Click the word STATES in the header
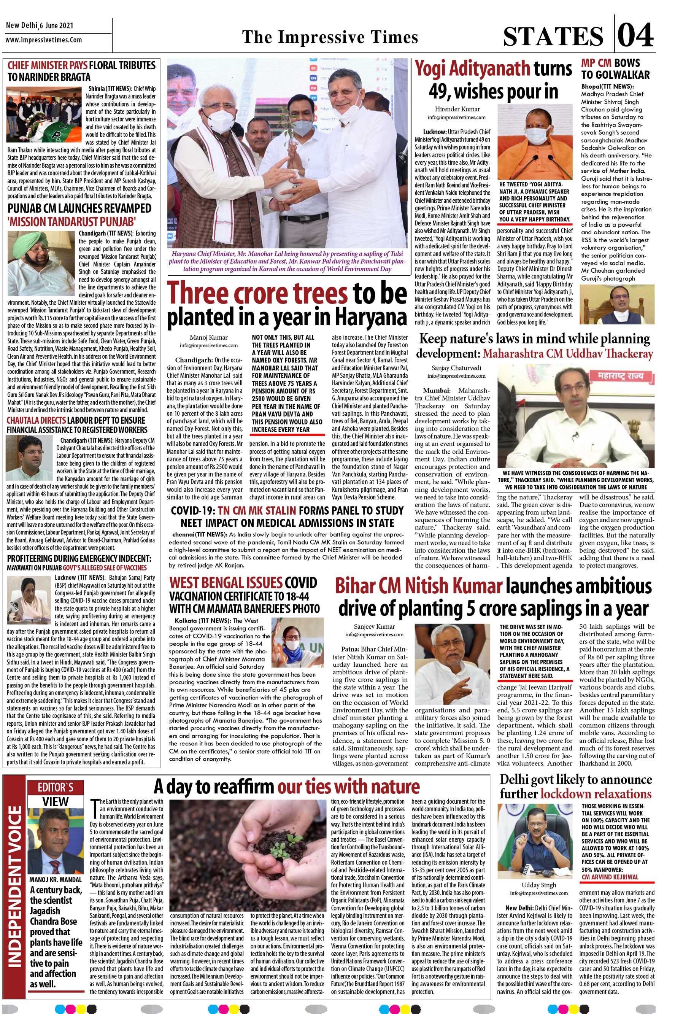tap(553, 36)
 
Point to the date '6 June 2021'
tap(56, 26)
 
